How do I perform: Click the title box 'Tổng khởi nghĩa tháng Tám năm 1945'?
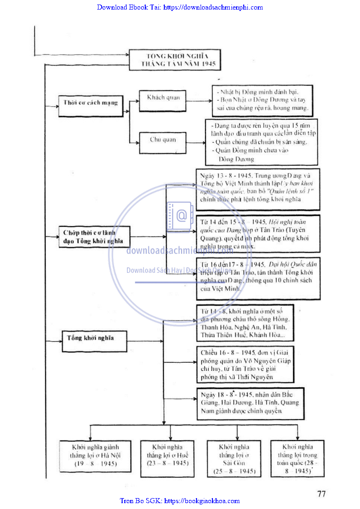pos(174,60)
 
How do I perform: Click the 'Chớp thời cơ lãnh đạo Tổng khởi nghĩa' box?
pos(94,237)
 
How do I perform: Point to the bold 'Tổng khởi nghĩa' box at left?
pos(94,339)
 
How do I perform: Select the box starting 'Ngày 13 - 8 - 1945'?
pos(257,188)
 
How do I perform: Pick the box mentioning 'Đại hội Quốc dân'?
pos(257,278)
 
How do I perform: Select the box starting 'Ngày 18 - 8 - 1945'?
pos(250,403)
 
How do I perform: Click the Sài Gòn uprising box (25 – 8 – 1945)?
pos(234,458)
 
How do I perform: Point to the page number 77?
pos(321,494)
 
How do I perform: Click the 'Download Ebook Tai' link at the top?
pos(180,7)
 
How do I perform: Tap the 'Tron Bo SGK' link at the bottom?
pos(180,501)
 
